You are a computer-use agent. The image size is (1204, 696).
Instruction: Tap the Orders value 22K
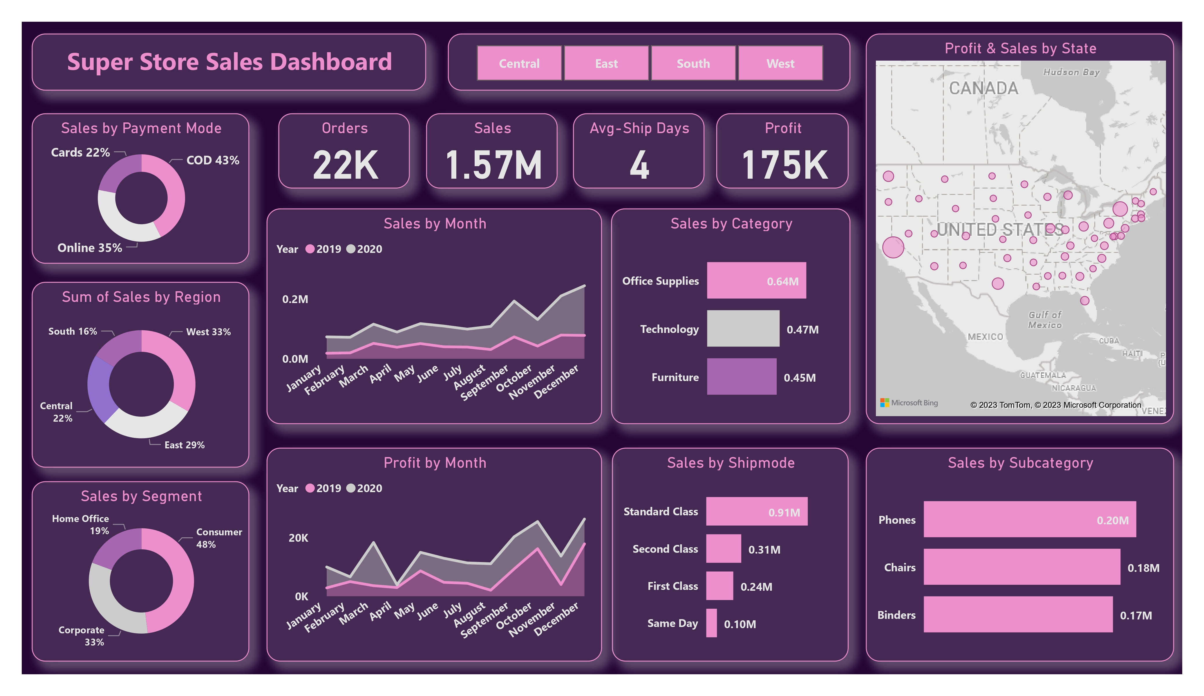(x=345, y=165)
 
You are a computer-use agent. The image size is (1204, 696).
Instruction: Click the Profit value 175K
(x=784, y=165)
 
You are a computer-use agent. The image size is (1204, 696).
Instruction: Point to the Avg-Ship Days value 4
(x=639, y=165)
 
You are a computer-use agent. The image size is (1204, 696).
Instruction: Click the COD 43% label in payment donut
(x=213, y=160)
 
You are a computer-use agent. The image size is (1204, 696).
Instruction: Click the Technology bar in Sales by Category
(x=743, y=329)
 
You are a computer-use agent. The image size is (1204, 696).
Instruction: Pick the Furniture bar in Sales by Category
(x=742, y=377)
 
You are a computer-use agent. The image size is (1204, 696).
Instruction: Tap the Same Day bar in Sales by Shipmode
(x=711, y=623)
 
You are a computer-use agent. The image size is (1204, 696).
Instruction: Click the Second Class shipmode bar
(x=723, y=549)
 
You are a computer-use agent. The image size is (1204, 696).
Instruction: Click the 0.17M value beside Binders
(x=1136, y=616)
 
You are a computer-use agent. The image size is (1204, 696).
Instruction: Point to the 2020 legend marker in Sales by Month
(x=351, y=249)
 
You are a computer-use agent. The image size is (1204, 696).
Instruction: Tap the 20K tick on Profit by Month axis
(x=298, y=538)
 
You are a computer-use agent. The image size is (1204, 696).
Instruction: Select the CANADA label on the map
(x=983, y=88)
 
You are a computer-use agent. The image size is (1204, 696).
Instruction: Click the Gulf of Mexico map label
(x=1045, y=320)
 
